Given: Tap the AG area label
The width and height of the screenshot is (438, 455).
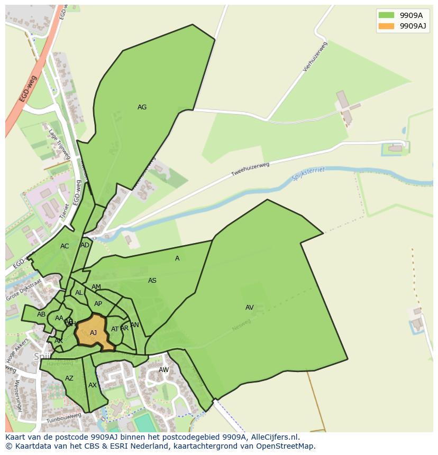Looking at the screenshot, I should [142, 107].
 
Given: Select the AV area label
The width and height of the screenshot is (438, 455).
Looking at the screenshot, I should [250, 308].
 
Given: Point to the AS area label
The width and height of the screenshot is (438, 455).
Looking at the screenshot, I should [152, 281].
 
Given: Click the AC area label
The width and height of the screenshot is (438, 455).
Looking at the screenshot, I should [65, 246].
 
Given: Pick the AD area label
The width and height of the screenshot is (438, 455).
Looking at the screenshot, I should [85, 245].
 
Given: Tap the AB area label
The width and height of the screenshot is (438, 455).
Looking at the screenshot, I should [41, 314].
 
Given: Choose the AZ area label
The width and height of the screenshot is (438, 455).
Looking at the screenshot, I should [69, 378].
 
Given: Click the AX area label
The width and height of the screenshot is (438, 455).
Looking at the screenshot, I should [93, 385].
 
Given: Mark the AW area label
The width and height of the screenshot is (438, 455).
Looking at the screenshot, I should [164, 370].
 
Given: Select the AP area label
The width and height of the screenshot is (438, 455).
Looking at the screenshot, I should [98, 304].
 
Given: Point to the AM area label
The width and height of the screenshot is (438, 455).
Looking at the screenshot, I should [96, 287].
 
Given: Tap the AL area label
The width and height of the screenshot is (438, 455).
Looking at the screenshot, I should [79, 293].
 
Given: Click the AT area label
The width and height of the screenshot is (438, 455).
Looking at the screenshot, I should [115, 329].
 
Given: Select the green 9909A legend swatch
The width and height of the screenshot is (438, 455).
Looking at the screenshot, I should [386, 15].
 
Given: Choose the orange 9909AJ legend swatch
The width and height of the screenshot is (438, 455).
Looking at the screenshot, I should [386, 26].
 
